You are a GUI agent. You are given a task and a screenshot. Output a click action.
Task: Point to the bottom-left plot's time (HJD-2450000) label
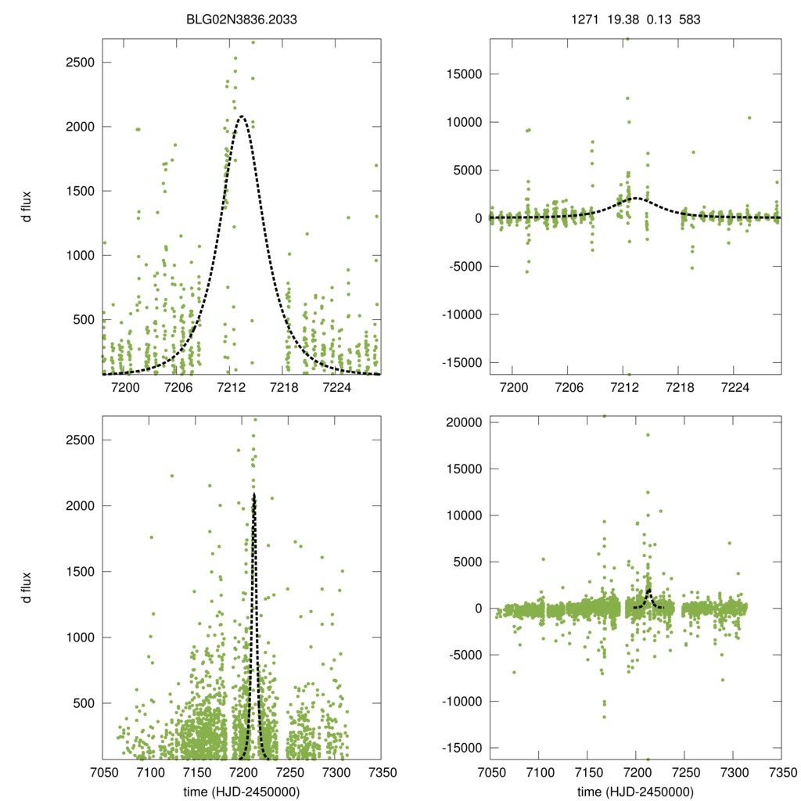click(241, 792)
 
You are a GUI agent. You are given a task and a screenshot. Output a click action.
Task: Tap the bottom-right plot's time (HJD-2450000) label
click(635, 792)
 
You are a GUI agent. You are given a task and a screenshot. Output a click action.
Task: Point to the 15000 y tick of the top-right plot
click(462, 74)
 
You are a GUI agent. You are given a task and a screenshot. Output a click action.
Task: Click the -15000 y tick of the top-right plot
click(459, 363)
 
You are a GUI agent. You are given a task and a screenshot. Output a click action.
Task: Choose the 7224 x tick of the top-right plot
click(735, 387)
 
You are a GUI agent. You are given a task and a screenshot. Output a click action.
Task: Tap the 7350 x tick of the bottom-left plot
click(381, 772)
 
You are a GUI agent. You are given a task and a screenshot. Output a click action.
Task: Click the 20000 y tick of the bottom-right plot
click(462, 422)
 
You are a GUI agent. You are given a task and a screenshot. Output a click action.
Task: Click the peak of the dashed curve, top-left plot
click(242, 117)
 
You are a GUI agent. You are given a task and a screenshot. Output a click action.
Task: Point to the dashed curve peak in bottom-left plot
click(253, 494)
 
